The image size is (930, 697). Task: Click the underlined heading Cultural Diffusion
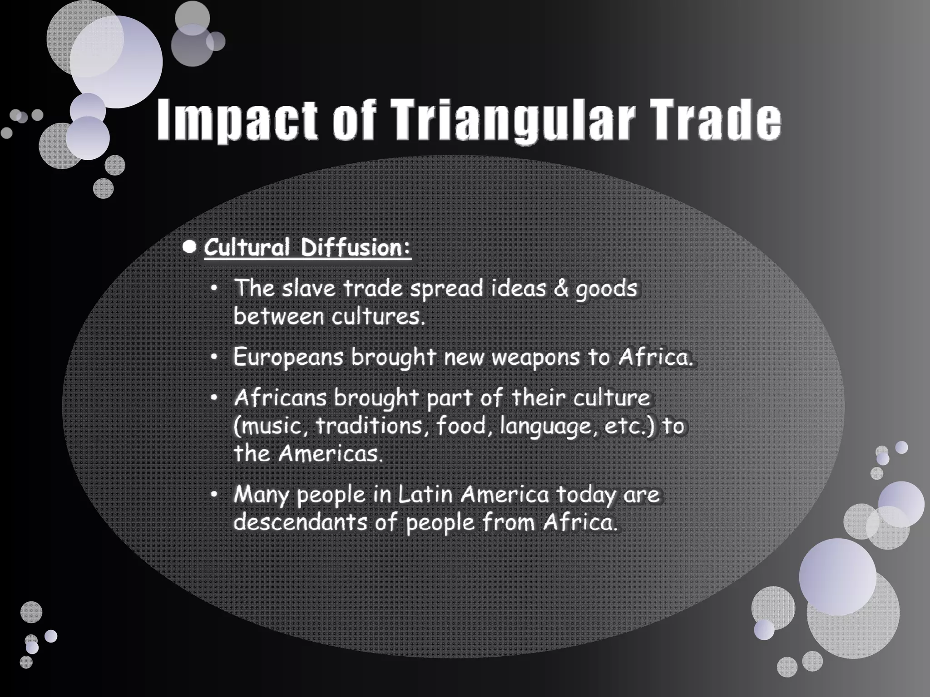(x=307, y=248)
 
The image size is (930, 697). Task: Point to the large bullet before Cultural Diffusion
(x=189, y=247)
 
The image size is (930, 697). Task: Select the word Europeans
(x=288, y=358)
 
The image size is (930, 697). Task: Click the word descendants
(x=300, y=522)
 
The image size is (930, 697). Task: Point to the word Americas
(x=330, y=454)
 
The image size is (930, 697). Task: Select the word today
(x=586, y=495)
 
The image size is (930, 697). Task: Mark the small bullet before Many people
(x=214, y=494)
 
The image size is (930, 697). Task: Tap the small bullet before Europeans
(x=214, y=357)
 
